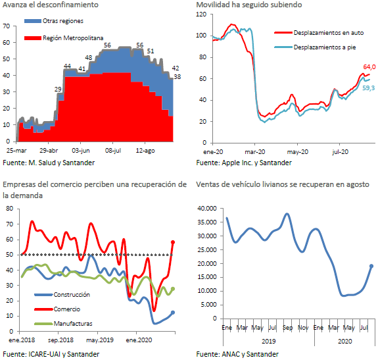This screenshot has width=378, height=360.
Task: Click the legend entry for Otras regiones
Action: coord(54,21)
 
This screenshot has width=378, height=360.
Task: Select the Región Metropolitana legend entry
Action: coord(64,38)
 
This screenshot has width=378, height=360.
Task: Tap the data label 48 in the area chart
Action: coord(89,57)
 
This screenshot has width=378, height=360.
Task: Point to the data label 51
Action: coord(151,51)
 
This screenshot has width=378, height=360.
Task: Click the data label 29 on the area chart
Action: coord(58,89)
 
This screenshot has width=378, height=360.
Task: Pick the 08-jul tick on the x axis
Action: coord(113,151)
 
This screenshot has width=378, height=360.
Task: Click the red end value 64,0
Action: coord(369,67)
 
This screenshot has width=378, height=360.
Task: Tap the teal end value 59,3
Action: coord(369,88)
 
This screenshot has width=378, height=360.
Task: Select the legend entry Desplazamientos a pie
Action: coord(315,47)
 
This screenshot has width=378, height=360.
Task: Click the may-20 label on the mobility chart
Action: coord(298,152)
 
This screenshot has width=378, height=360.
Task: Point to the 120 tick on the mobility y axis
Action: coord(201,14)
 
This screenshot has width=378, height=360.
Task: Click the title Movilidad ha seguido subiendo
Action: coord(249,5)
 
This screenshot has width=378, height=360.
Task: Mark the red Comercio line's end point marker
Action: coord(173,242)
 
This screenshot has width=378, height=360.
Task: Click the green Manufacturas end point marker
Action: coord(173,289)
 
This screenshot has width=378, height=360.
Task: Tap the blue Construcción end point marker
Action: coord(173,313)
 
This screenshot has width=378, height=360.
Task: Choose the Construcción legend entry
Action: coord(62,295)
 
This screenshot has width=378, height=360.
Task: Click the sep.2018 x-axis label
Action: coord(60,340)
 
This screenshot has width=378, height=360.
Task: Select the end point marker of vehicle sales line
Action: coord(371,266)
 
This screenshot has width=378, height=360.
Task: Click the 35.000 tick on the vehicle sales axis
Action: coord(207,222)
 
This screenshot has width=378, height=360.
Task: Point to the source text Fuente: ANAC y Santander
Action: coord(237,354)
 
